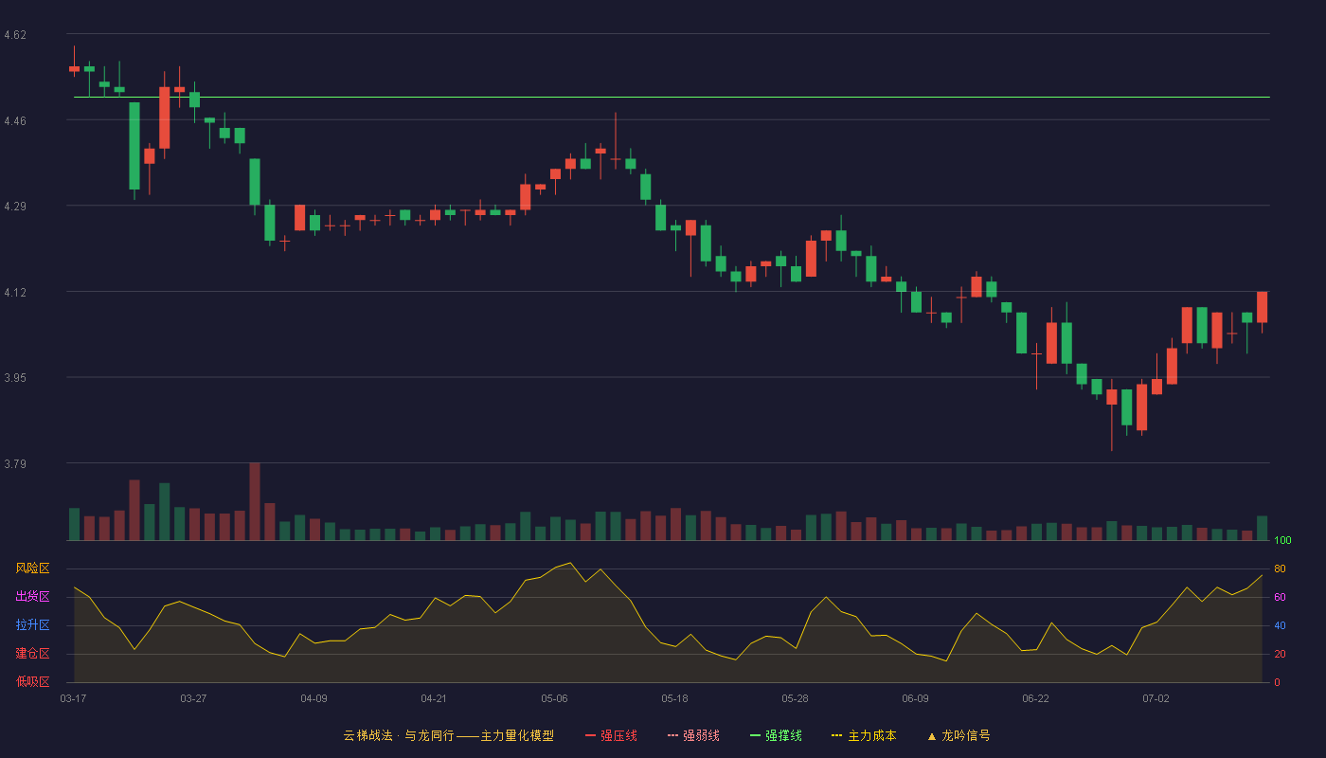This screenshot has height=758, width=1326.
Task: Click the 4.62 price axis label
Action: (x=15, y=35)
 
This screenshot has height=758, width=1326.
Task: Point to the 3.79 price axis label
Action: (x=15, y=463)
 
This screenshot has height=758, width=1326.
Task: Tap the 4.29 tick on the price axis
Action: (x=15, y=207)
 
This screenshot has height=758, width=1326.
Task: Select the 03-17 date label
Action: (x=74, y=698)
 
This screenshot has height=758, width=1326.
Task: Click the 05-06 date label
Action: (x=554, y=698)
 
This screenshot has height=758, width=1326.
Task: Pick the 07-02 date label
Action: (x=1156, y=698)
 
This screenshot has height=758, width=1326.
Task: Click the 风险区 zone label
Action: (x=32, y=568)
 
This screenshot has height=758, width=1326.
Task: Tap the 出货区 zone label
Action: (x=32, y=596)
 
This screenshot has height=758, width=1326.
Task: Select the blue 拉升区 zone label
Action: (x=32, y=624)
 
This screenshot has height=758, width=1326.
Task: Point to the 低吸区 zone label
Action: (x=32, y=681)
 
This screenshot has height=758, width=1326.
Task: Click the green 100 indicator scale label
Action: (x=1282, y=540)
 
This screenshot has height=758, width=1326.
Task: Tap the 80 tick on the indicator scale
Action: (x=1280, y=568)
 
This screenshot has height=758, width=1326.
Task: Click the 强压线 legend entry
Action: (x=611, y=735)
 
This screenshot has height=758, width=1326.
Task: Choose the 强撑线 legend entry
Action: (x=776, y=735)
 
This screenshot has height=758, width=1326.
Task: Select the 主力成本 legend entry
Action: (x=864, y=735)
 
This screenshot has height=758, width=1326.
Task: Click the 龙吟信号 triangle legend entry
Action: (x=959, y=735)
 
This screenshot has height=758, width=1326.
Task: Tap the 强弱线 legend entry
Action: (x=693, y=735)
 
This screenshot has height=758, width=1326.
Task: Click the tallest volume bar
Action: (x=255, y=501)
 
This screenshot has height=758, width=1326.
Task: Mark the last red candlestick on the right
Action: (x=1262, y=307)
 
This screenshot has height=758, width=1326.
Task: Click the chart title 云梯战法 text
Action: (x=367, y=735)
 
